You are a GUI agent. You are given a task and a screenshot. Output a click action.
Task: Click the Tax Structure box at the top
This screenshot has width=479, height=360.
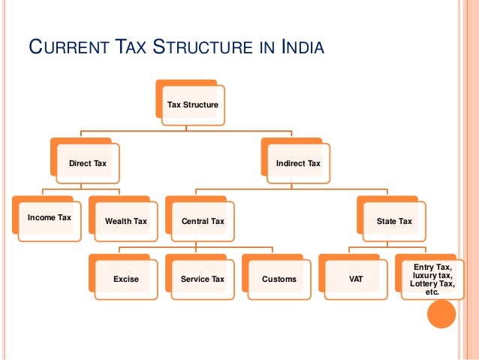coord(192,104)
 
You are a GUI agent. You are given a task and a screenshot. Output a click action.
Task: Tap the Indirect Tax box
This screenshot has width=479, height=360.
coord(297,163)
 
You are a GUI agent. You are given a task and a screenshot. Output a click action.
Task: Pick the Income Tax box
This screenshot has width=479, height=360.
coord(49,218)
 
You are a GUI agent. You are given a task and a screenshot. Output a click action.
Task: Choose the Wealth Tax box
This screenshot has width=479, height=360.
coord(125,222)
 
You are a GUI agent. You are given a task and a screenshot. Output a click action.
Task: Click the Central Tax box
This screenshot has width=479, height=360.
coord(203,222)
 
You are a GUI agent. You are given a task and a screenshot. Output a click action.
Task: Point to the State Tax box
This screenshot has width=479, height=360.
coord(394,222)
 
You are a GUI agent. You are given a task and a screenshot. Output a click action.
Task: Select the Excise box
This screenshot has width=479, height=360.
coord(125,280)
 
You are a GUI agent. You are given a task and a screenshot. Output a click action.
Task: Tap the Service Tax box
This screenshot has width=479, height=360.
coord(203,280)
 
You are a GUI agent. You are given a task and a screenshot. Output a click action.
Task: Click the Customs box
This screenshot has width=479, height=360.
coord(279,280)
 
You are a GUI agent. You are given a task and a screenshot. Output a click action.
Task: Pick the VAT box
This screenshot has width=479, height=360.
coord(356,280)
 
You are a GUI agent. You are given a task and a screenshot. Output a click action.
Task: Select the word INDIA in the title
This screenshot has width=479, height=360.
coord(301,50)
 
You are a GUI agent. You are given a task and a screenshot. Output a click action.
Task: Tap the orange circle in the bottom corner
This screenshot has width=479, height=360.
coord(441,314)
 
